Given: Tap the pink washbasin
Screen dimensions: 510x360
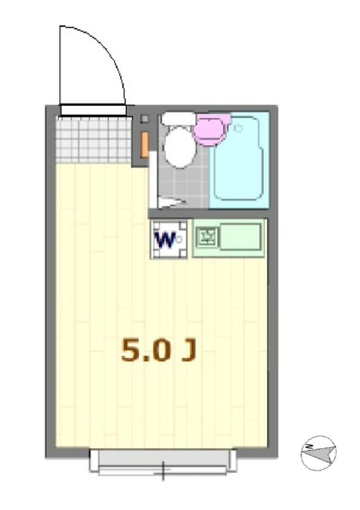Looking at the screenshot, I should point(211,127).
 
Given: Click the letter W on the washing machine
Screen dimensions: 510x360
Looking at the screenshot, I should point(165,240).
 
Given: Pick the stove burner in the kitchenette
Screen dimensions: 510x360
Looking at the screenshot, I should point(207,239).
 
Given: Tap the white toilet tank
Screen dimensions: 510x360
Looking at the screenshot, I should point(178,119).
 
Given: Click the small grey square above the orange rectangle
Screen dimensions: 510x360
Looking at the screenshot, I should point(144,119).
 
